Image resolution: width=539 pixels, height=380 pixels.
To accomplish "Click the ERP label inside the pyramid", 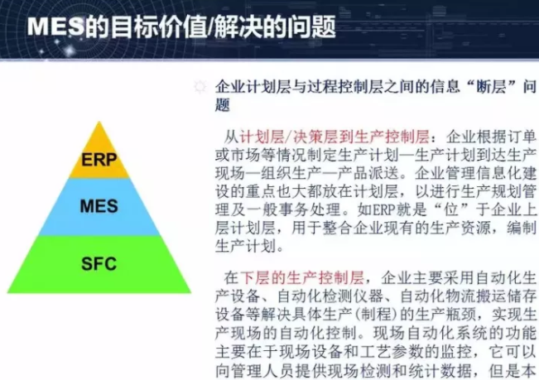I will tap(99, 160).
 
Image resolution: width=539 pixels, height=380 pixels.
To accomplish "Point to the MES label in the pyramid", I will tap(99, 206).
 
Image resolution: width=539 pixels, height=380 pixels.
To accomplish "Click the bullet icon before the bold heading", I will tap(200, 87).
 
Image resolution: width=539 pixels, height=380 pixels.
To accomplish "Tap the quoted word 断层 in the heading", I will tap(479, 86).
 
